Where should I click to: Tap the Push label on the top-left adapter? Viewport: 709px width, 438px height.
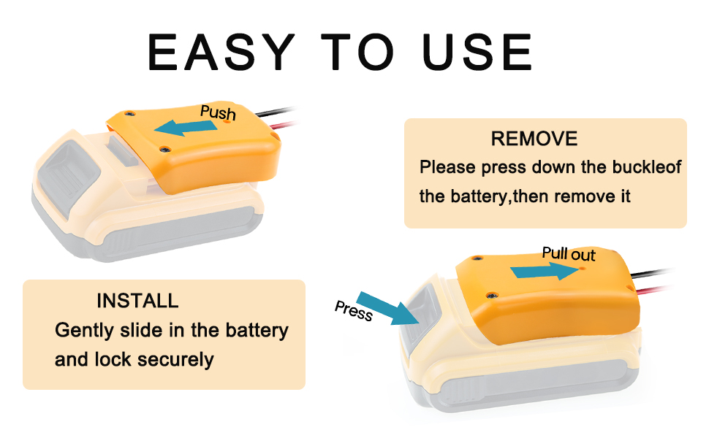tap(218, 112)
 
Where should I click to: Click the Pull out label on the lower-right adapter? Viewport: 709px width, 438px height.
tap(568, 254)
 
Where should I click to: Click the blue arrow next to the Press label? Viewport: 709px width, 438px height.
tap(388, 309)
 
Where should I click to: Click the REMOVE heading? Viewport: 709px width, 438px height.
tap(534, 139)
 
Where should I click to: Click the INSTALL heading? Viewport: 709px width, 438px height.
tap(137, 301)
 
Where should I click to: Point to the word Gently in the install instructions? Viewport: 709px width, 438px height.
tap(85, 330)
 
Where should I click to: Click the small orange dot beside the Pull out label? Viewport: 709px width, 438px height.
tap(583, 268)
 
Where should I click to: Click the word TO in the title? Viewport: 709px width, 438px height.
tap(357, 53)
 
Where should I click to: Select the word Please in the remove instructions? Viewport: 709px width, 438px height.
tap(447, 167)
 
